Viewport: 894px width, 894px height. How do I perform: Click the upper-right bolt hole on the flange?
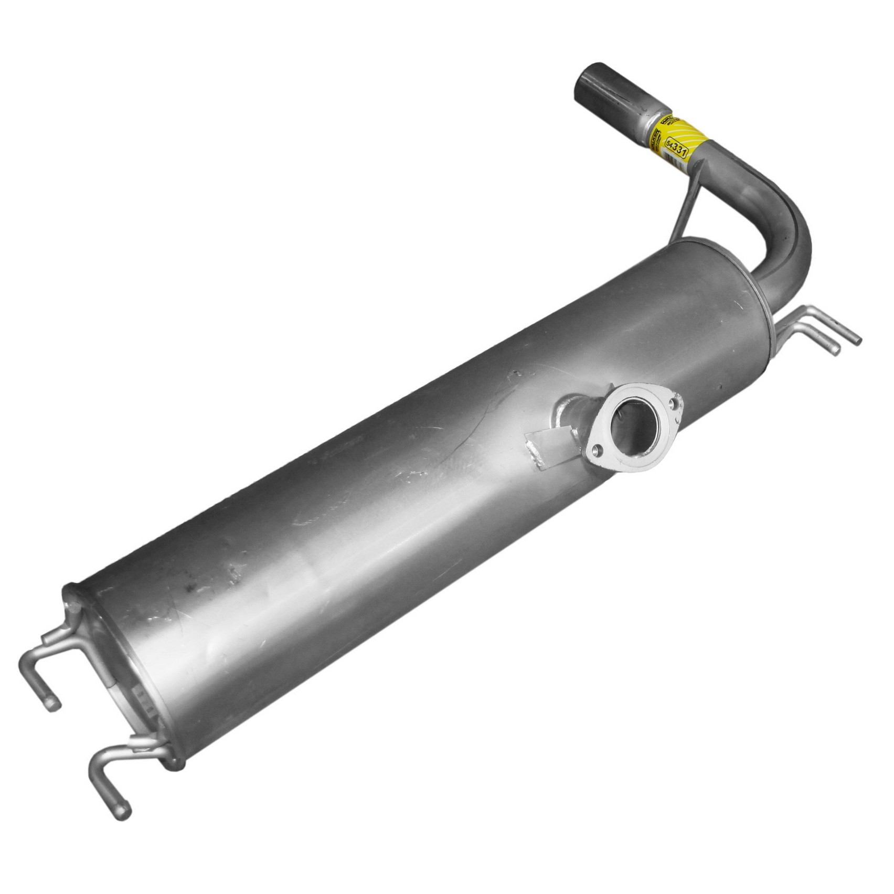[674, 403]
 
